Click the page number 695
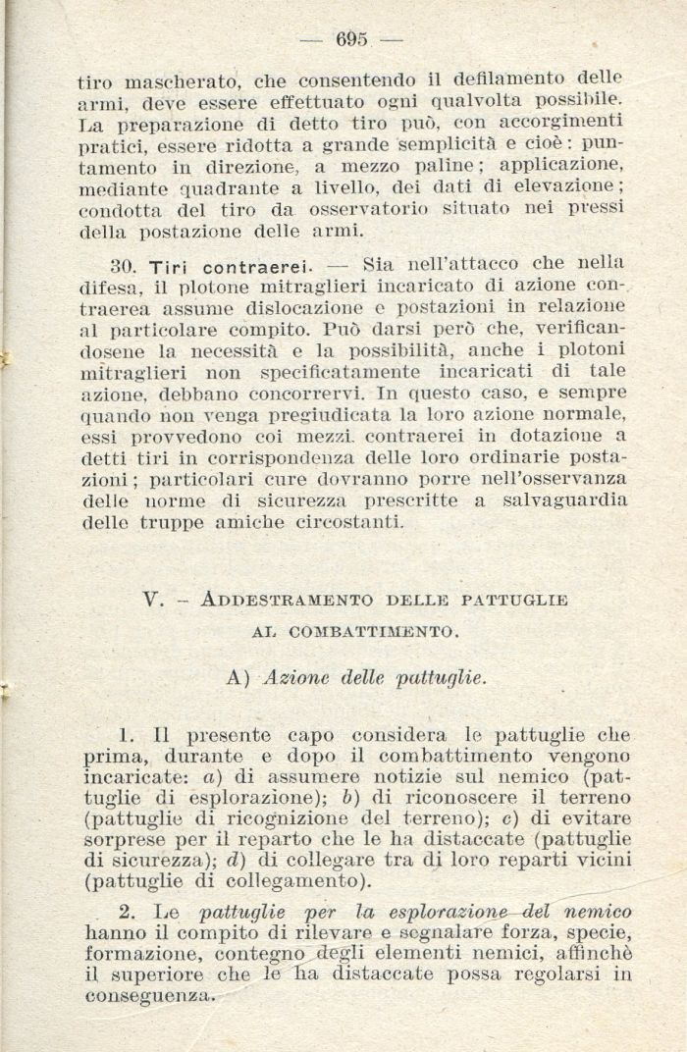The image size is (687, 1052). (350, 39)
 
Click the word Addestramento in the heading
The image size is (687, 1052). (273, 601)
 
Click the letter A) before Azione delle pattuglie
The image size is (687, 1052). (239, 677)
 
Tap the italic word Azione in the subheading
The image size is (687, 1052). (296, 677)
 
